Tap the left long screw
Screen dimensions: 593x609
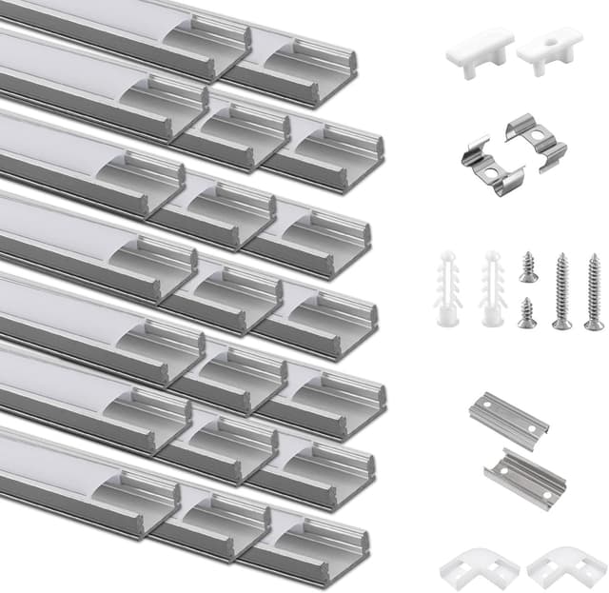pos(562,291)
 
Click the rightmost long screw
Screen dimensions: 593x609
pos(594,291)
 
